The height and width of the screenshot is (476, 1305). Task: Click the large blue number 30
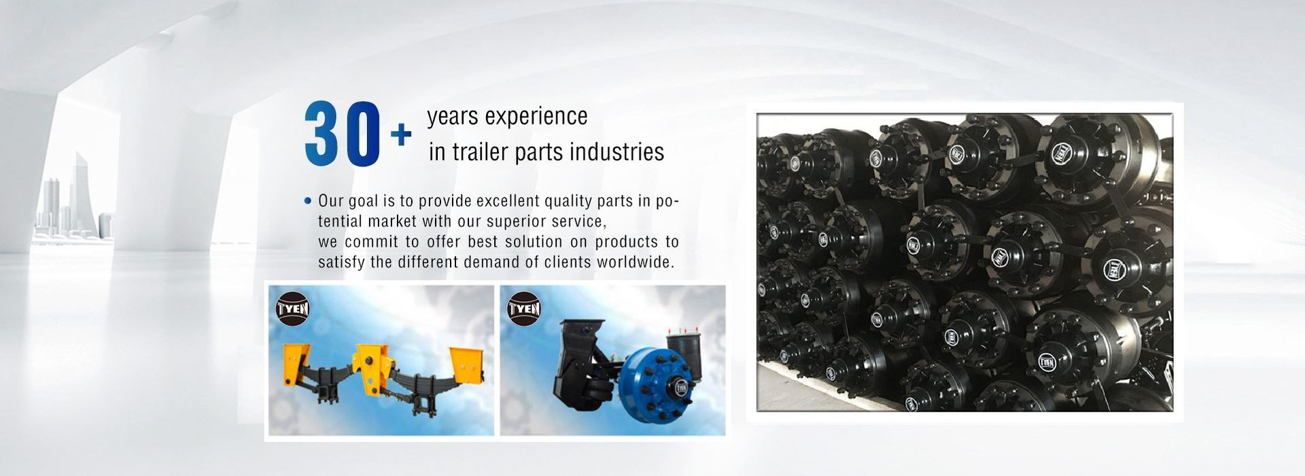tap(342, 134)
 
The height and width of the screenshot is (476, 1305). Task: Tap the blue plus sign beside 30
tap(401, 134)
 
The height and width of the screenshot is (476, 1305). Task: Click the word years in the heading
tap(453, 117)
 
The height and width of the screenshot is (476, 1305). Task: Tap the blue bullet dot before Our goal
tap(308, 201)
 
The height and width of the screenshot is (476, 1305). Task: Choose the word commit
tap(371, 242)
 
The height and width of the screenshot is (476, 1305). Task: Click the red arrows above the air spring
tap(677, 331)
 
